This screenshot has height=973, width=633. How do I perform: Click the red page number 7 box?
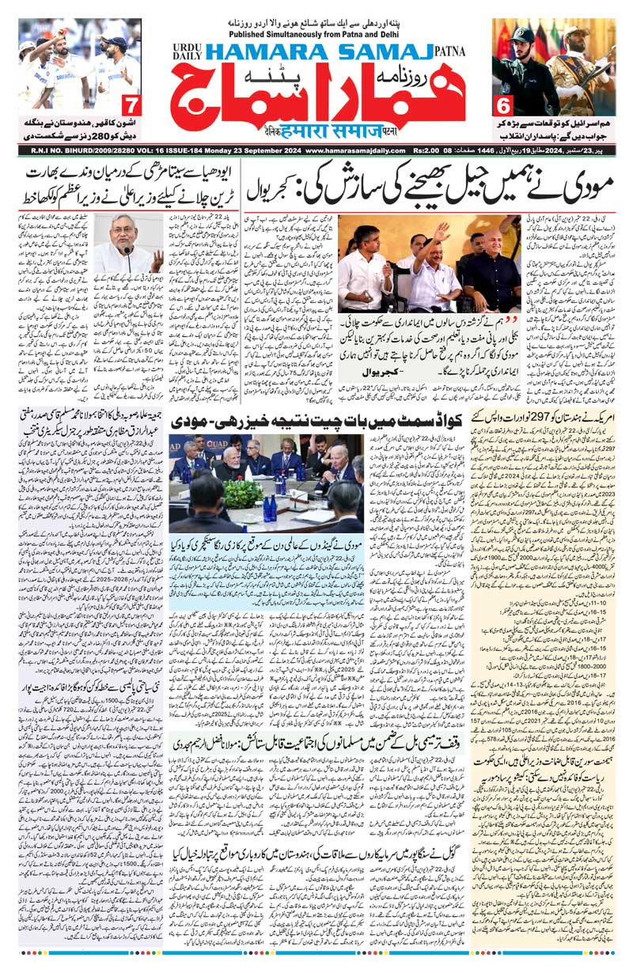[132, 104]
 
